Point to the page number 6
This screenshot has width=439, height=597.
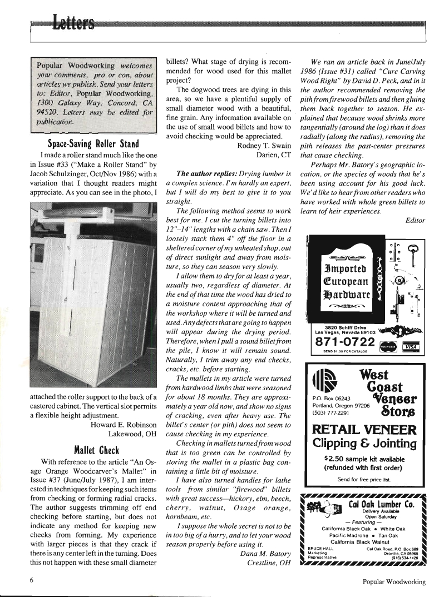[x=34, y=582]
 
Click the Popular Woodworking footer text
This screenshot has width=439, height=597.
[x=393, y=582]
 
